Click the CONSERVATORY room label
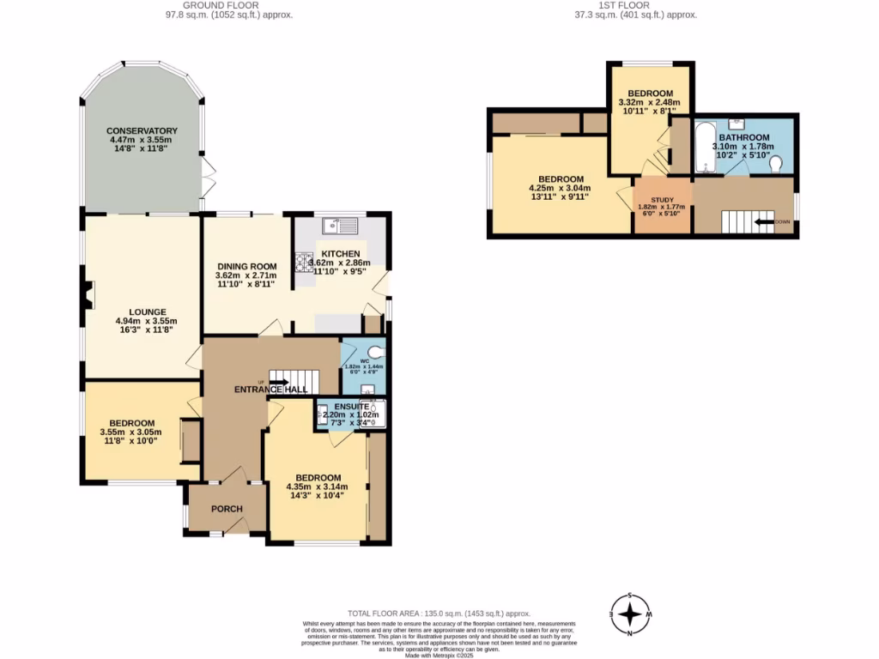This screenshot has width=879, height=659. tap(142, 130)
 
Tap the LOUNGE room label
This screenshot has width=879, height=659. tap(142, 311)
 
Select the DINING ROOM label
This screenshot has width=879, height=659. tap(246, 267)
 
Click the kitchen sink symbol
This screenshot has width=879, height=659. tap(340, 226)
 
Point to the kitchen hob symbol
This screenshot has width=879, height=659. tap(304, 263)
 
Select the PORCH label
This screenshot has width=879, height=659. tap(227, 509)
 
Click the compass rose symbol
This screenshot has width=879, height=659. tap(631, 614)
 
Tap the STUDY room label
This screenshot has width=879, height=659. tap(662, 199)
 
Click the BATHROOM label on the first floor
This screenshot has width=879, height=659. tap(743, 137)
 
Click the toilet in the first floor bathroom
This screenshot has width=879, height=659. tap(776, 163)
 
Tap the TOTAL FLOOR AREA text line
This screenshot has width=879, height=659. tap(439, 614)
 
